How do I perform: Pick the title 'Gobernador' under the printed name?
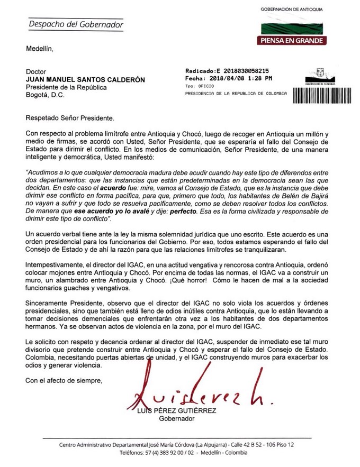click(177, 419)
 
